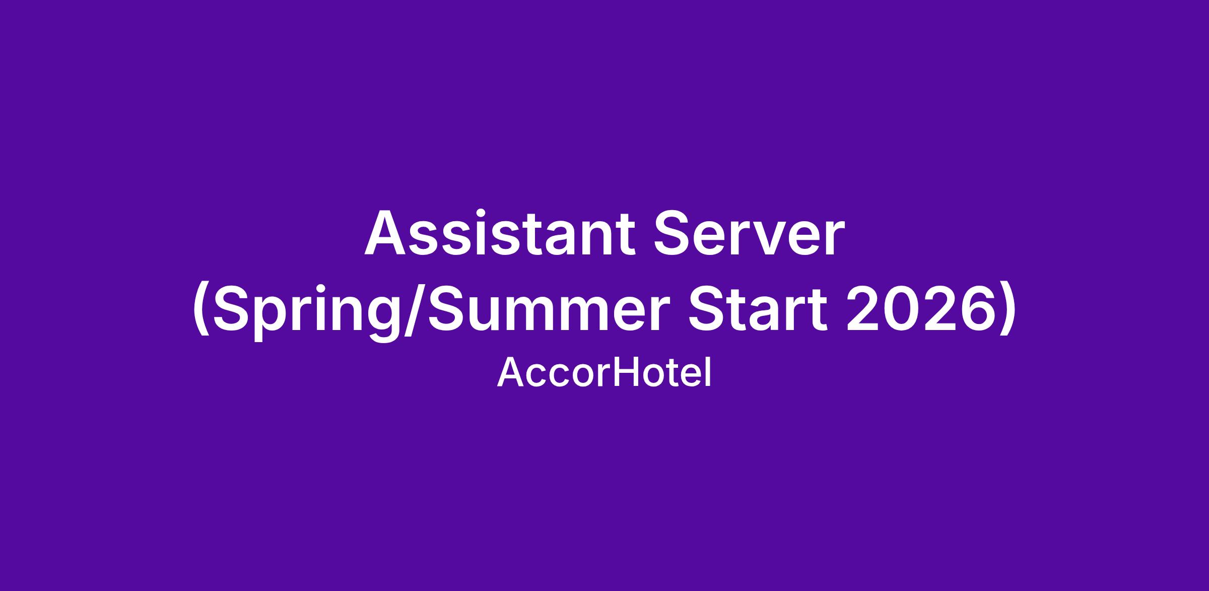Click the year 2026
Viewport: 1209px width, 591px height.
click(915, 308)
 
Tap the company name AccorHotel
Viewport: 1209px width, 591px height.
click(604, 373)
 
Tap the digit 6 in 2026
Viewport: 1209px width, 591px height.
click(967, 308)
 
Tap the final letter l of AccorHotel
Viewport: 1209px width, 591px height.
click(709, 372)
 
